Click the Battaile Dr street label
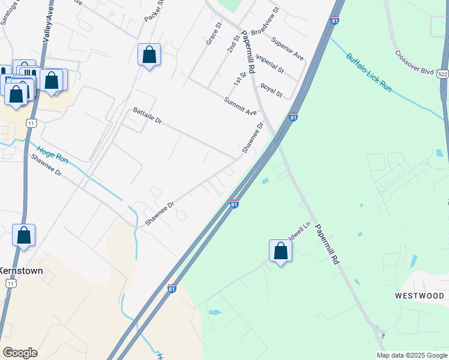point(148,116)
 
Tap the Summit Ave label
point(240,106)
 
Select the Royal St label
point(271,90)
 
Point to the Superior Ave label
point(287,48)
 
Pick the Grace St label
point(214,34)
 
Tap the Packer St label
point(154,11)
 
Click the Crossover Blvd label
point(414,61)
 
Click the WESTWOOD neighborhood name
point(420,296)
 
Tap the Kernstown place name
point(21,271)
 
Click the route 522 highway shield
point(443,74)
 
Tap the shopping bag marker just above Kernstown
point(23,235)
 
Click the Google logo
point(20,353)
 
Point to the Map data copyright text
point(412,355)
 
